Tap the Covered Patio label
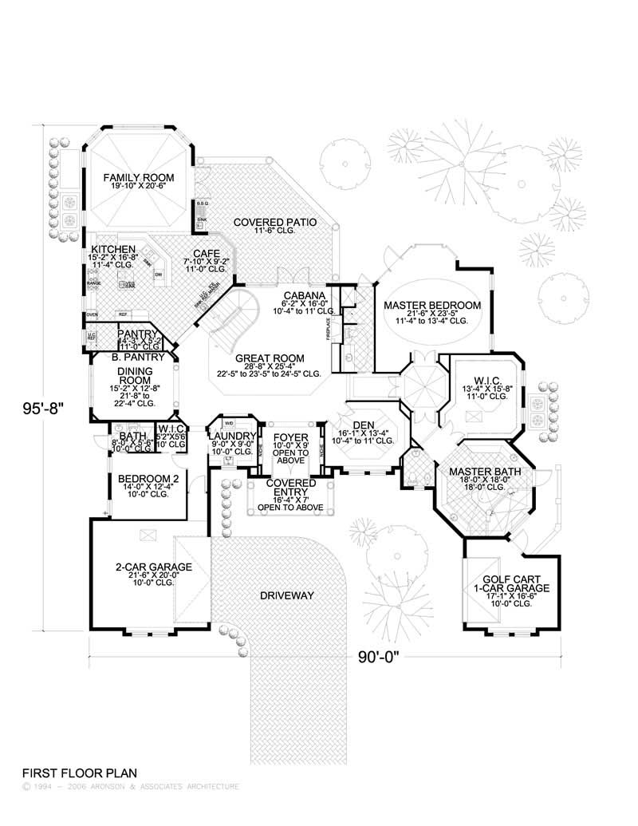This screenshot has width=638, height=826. click(275, 221)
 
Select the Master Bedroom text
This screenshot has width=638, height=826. click(432, 305)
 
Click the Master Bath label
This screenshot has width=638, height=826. click(485, 472)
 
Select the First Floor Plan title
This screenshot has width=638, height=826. click(80, 773)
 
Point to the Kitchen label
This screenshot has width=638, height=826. click(112, 249)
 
